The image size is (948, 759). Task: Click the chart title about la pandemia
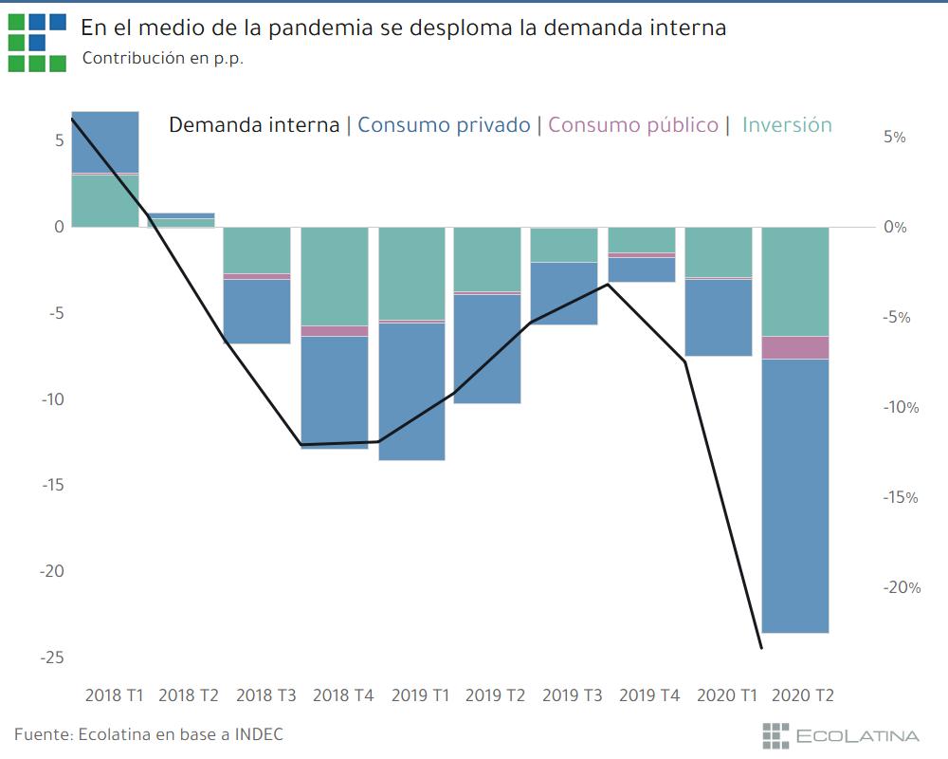pyautogui.click(x=403, y=28)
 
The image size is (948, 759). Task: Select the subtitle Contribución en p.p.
pyautogui.click(x=162, y=58)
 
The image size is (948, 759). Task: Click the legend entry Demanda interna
pyautogui.click(x=254, y=124)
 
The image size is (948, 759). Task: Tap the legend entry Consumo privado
pyautogui.click(x=444, y=124)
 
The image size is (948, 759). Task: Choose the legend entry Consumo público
pyautogui.click(x=633, y=124)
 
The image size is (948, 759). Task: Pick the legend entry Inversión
pyautogui.click(x=787, y=124)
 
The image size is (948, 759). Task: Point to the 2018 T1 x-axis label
pyautogui.click(x=114, y=695)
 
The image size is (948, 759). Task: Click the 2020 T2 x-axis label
pyautogui.click(x=803, y=695)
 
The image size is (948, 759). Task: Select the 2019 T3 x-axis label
pyautogui.click(x=572, y=695)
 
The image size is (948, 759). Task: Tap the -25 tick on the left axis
pyautogui.click(x=52, y=657)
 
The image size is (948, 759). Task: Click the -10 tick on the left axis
pyautogui.click(x=52, y=399)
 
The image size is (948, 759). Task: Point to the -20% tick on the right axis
pyautogui.click(x=901, y=588)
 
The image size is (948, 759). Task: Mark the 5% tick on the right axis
pyautogui.click(x=894, y=138)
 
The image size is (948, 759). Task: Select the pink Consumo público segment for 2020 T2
pyautogui.click(x=795, y=347)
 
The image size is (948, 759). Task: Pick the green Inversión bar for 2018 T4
pyautogui.click(x=335, y=276)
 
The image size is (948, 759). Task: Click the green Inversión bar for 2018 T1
pyautogui.click(x=105, y=200)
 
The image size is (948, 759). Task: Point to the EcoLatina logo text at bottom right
pyautogui.click(x=857, y=735)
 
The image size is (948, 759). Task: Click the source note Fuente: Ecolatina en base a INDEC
pyautogui.click(x=149, y=734)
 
